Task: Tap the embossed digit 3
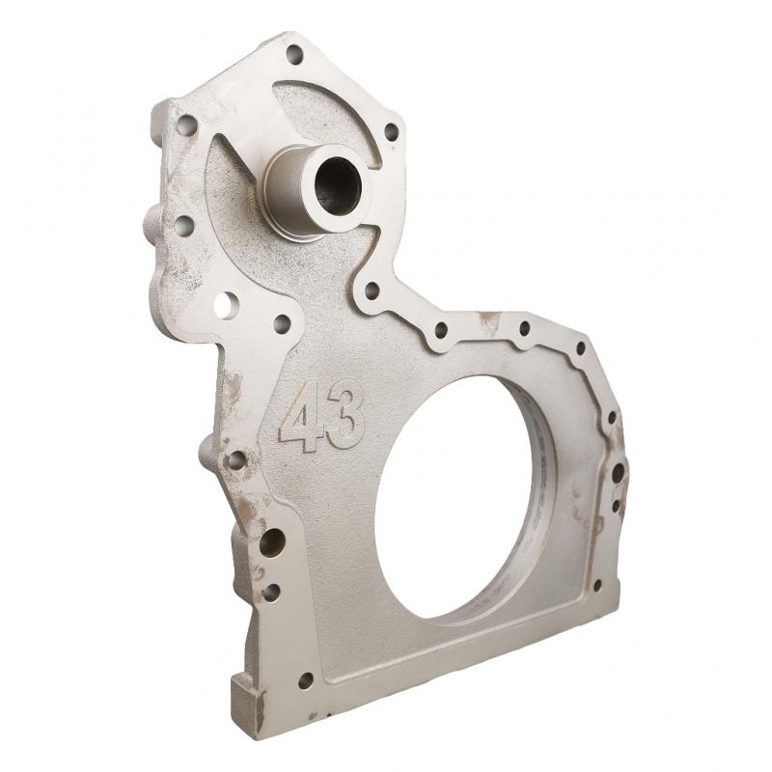[345, 413]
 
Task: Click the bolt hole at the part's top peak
[294, 54]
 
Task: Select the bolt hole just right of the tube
[391, 131]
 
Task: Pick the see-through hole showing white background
[225, 306]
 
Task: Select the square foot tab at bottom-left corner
[247, 703]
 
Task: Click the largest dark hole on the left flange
[272, 542]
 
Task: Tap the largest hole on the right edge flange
[617, 474]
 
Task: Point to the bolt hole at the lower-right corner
[596, 585]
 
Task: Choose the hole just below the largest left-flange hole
[272, 592]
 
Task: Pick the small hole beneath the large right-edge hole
[616, 505]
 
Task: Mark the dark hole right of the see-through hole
[282, 323]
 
